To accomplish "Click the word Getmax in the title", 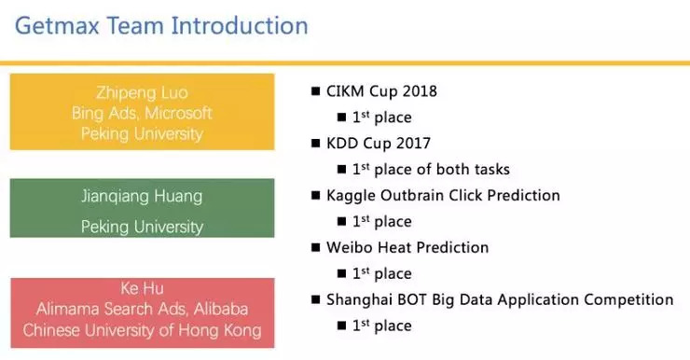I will click(60, 25).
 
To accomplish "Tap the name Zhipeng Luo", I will click(142, 92).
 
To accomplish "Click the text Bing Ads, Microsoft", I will click(142, 113).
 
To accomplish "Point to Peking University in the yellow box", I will click(142, 133).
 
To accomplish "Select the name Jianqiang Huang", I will click(142, 197).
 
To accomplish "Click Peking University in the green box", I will click(142, 227).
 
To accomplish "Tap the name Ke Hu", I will click(142, 288).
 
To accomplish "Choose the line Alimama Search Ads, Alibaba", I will click(142, 310).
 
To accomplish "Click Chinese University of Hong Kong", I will click(142, 330).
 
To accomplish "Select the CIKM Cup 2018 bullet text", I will click(381, 91).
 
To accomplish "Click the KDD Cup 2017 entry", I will click(378, 144).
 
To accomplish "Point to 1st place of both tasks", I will click(431, 170).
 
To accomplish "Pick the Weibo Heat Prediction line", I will click(407, 248).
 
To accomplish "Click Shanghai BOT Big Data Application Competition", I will click(500, 300).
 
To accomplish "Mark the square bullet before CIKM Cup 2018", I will click(314, 92).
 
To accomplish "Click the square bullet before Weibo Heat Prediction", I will click(314, 249).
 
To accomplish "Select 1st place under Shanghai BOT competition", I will click(381, 325).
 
